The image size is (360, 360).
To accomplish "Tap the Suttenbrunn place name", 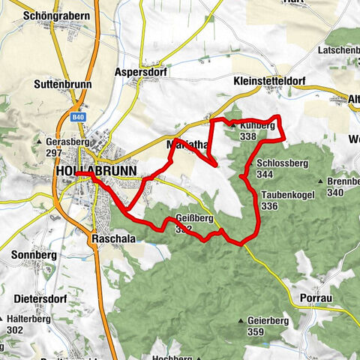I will [62, 85].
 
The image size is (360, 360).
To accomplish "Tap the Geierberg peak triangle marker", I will [241, 321].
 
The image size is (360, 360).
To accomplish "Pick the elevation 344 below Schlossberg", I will [264, 174].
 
